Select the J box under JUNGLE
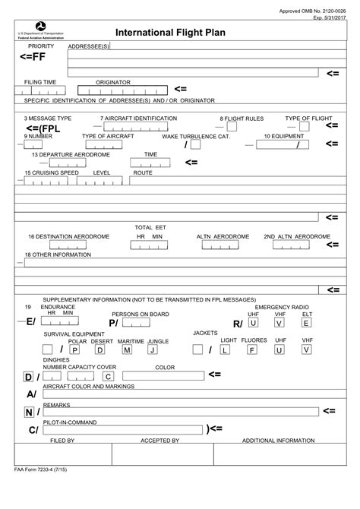(x=153, y=350)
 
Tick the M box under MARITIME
(x=128, y=350)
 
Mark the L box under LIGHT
(x=225, y=350)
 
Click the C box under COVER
(x=109, y=376)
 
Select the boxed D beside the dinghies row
(x=27, y=377)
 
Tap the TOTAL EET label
(x=150, y=227)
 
